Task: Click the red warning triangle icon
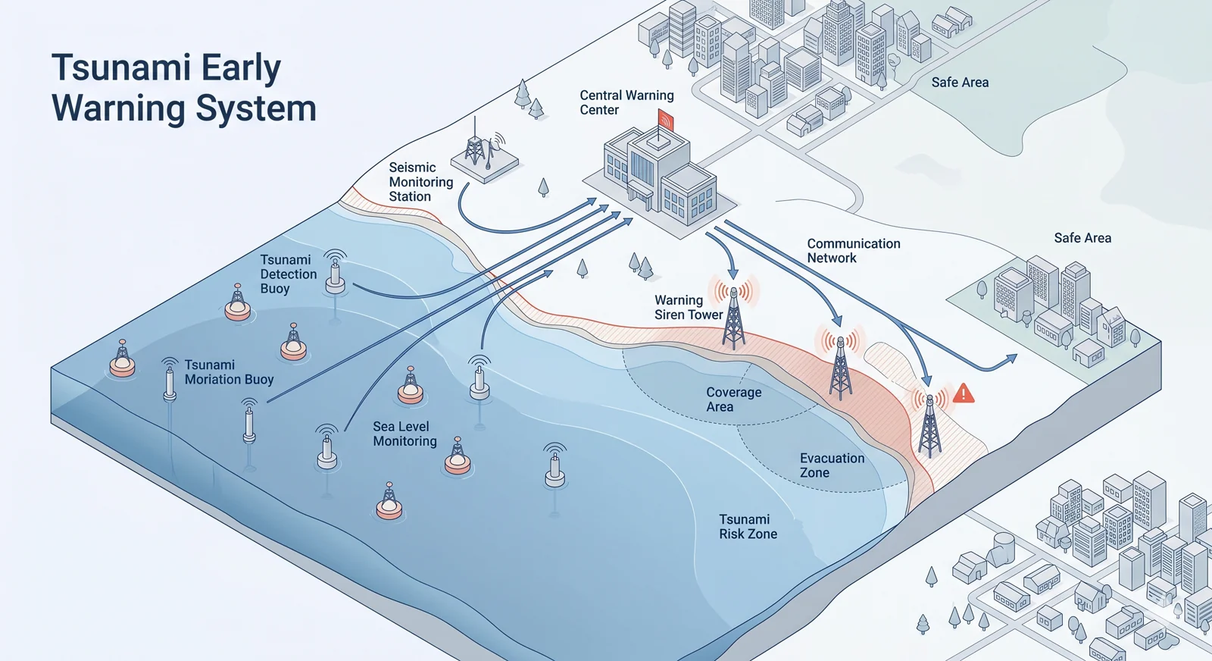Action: pos(963,393)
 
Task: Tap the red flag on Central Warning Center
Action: pos(666,120)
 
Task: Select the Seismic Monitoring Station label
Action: pos(420,182)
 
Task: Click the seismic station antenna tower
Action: pos(475,148)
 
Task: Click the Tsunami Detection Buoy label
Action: pos(288,274)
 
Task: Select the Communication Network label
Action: pos(853,251)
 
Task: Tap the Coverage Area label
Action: pos(733,399)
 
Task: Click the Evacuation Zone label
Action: pos(831,465)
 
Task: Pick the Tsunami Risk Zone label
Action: pos(748,527)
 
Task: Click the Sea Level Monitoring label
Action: pos(405,434)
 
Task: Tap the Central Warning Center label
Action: pos(626,102)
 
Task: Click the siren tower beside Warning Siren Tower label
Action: pos(733,318)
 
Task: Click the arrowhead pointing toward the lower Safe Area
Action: pos(1011,358)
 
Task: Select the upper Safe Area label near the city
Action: pos(959,83)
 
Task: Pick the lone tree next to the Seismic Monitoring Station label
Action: pos(543,186)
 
